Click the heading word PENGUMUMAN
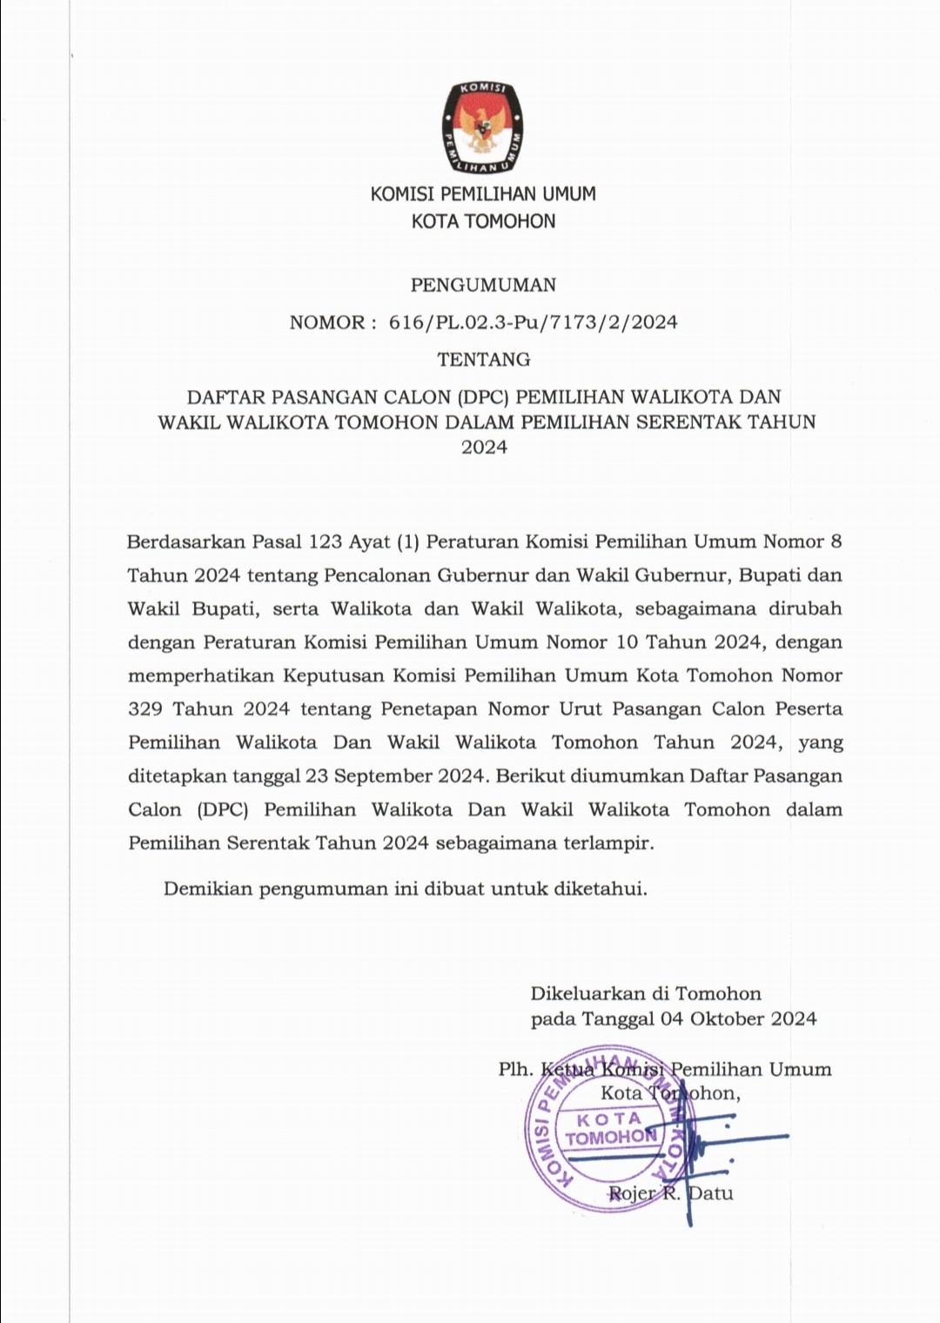coord(483,285)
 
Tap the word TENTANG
coord(483,359)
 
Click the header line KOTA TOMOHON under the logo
coord(483,221)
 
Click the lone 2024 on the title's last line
coord(483,448)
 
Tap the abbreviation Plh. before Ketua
coord(514,1069)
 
